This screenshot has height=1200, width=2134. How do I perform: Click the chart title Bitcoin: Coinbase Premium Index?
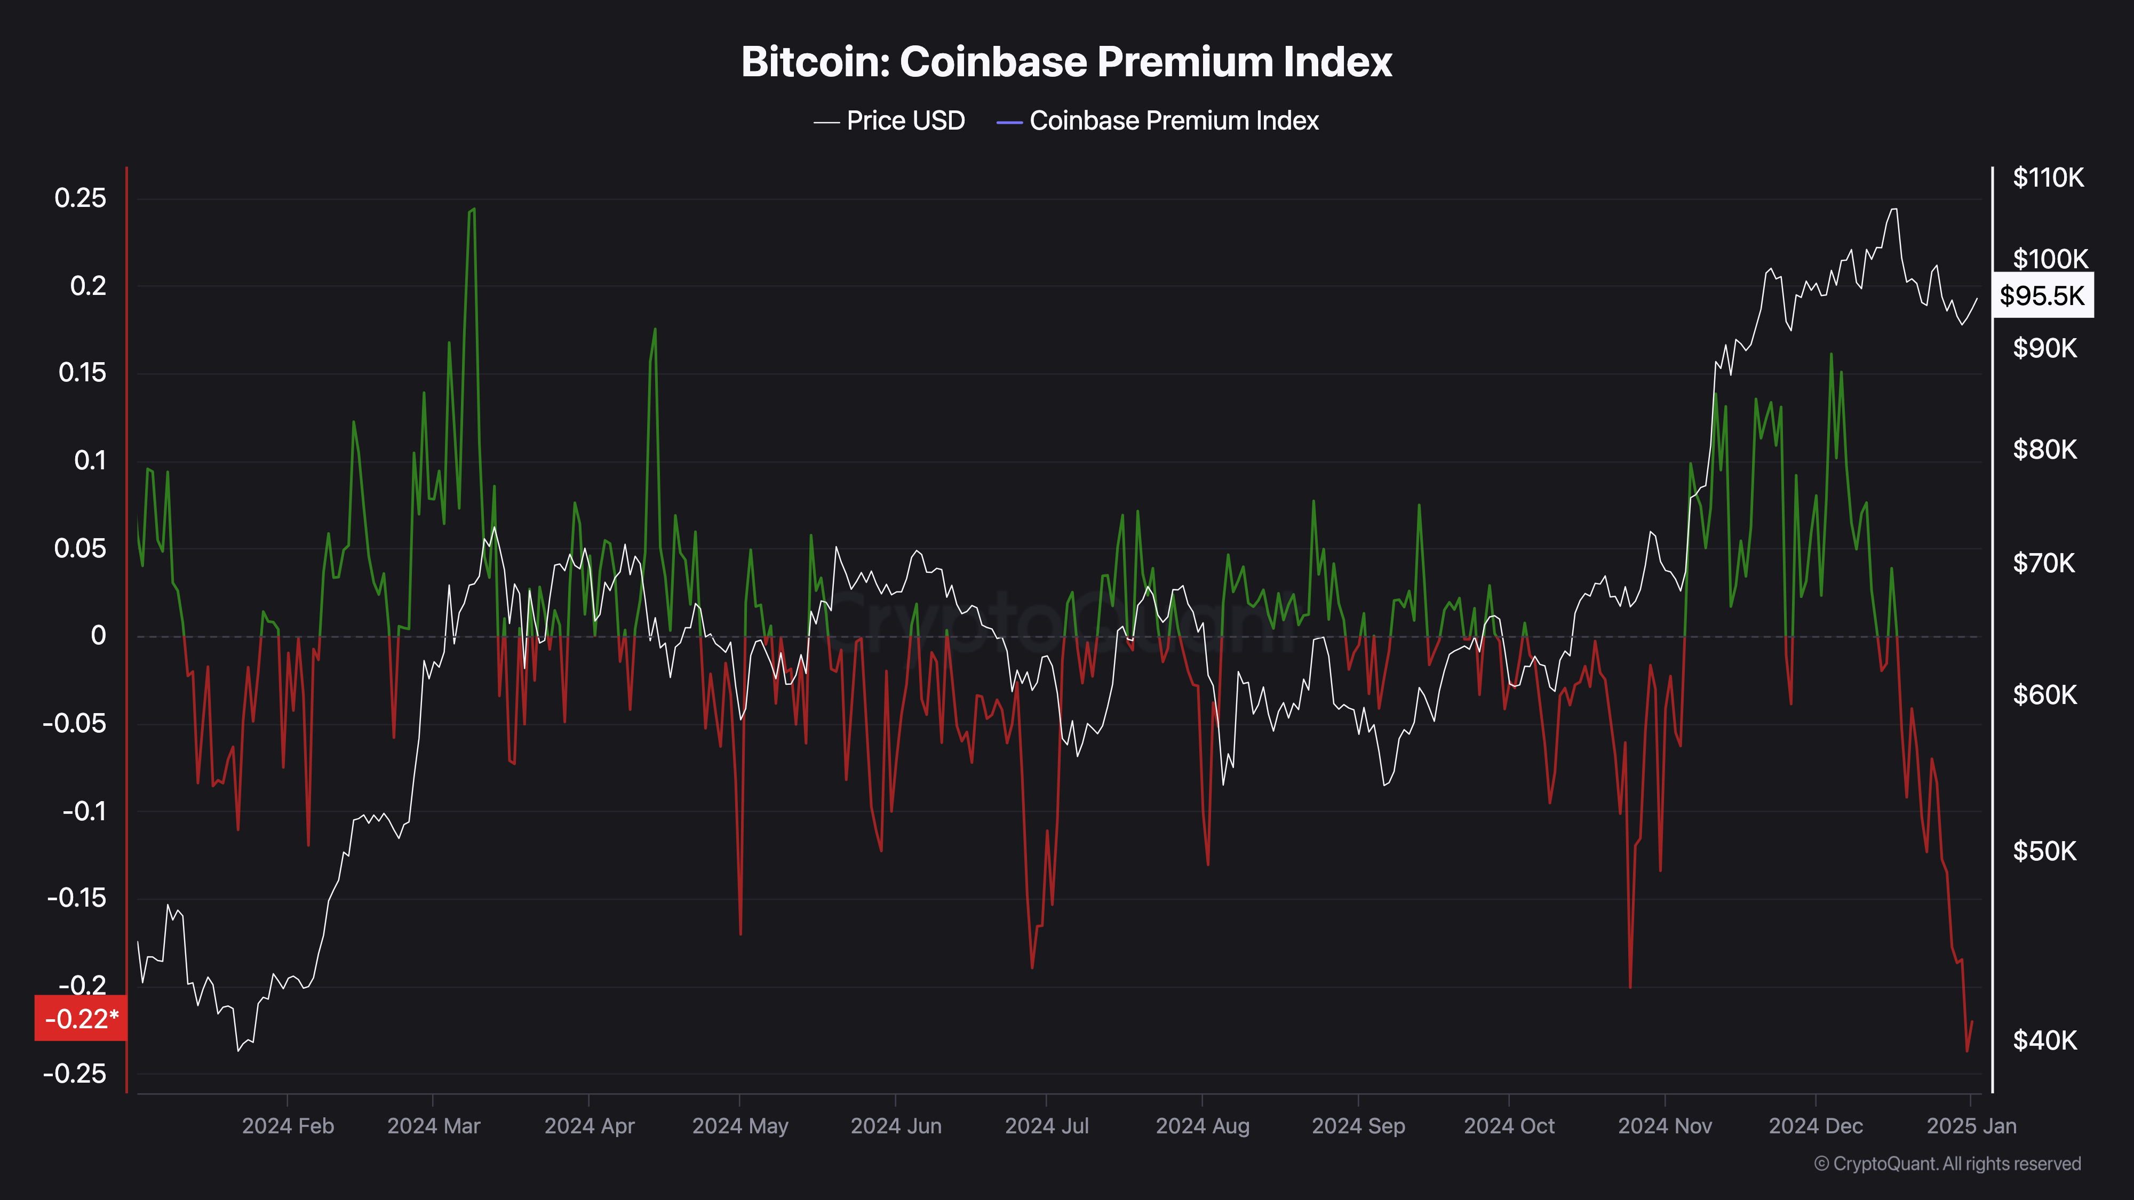[x=1066, y=62]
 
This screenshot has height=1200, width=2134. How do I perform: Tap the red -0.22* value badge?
[x=81, y=1018]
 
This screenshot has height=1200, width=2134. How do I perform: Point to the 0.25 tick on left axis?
[x=81, y=198]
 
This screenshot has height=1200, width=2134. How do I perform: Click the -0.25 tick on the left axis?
[x=75, y=1074]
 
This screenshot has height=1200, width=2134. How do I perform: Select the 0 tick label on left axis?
[x=99, y=636]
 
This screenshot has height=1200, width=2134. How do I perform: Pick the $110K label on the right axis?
[x=2048, y=177]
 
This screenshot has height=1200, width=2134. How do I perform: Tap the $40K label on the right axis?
[x=2044, y=1040]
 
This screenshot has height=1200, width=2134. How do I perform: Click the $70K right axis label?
[x=2044, y=563]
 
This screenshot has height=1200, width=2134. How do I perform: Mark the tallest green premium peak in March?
[x=472, y=210]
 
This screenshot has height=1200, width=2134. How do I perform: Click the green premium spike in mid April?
[x=655, y=330]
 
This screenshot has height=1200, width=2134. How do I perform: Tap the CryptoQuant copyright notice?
[x=1947, y=1164]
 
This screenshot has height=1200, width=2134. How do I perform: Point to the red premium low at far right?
[x=1966, y=1051]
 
